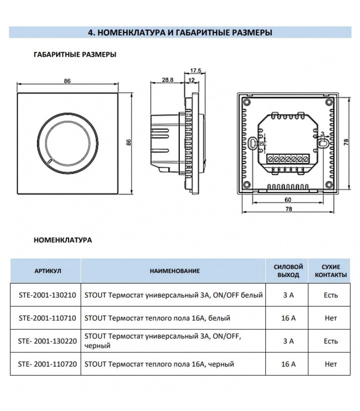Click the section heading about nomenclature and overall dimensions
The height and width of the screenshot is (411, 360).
[x=180, y=33]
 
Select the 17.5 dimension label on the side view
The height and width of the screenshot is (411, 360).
[x=196, y=71]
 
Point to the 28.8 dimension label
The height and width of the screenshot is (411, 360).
[x=167, y=80]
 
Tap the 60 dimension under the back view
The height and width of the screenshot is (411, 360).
[x=288, y=200]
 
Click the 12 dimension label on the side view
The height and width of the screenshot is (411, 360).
[x=192, y=80]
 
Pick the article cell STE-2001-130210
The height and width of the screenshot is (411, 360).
[x=47, y=295]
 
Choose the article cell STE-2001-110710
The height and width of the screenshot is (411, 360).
[x=47, y=318]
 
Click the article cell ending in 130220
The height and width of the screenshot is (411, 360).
[x=47, y=341]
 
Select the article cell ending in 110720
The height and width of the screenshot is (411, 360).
[x=47, y=364]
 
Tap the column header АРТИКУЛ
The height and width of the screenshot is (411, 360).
[x=48, y=271]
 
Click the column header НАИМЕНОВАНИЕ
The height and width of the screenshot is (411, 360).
[x=175, y=271]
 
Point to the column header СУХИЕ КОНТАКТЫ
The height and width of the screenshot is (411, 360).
[x=331, y=271]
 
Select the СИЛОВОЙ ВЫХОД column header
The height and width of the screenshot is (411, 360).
[x=288, y=271]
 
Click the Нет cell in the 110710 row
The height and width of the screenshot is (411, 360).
[x=331, y=318]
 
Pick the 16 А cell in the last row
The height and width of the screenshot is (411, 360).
[x=288, y=364]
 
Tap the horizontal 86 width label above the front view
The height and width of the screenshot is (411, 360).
[x=67, y=81]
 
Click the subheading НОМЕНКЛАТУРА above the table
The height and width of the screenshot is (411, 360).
[x=63, y=240]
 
